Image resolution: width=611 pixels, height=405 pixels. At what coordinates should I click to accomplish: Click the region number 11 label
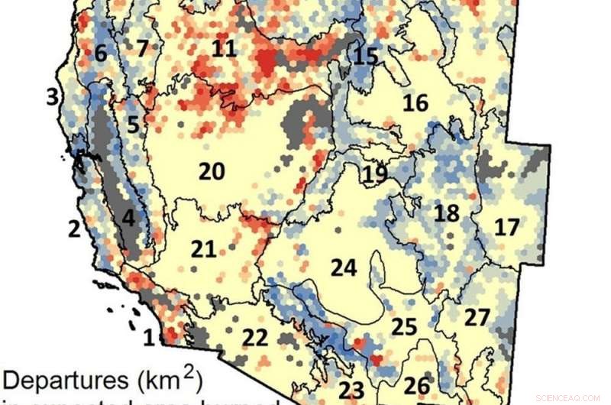tap(224, 49)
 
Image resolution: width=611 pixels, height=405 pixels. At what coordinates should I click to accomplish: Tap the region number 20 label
tap(212, 172)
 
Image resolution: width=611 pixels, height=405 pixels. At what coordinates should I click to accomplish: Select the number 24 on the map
tap(344, 267)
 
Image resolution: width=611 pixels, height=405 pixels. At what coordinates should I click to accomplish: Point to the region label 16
tap(415, 103)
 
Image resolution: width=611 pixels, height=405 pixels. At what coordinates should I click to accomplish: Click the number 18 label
tap(448, 212)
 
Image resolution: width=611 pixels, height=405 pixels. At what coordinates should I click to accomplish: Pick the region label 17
tap(506, 227)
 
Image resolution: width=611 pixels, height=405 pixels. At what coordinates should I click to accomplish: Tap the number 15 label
tap(367, 56)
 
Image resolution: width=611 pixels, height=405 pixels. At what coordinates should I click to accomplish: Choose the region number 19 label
tap(375, 173)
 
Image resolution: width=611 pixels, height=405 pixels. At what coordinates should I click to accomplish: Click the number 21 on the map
tap(204, 249)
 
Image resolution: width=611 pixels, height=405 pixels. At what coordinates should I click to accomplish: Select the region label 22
tap(255, 336)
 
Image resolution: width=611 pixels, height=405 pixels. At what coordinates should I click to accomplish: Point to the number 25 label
tap(405, 327)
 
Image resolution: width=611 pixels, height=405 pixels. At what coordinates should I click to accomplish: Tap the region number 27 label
tap(477, 318)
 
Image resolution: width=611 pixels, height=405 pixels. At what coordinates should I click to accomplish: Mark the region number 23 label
tap(353, 388)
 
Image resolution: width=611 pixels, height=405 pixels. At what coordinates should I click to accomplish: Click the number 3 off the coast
tap(52, 97)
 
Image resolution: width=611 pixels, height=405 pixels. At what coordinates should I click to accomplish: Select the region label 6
tap(101, 53)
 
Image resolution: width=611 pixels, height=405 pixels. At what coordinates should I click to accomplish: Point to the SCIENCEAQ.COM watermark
tap(568, 398)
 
